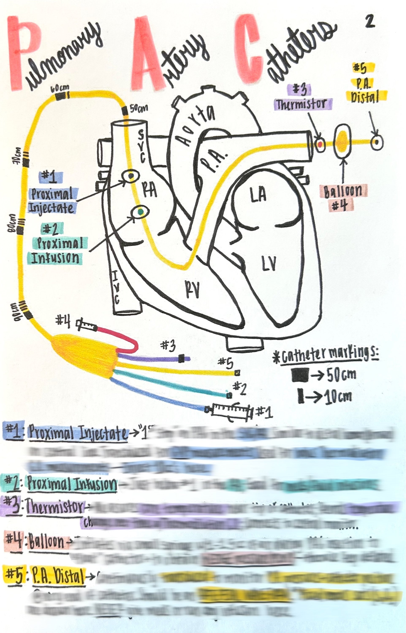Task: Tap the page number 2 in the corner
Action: pos(370,21)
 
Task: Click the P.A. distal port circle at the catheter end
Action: pos(376,142)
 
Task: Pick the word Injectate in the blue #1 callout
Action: pos(51,208)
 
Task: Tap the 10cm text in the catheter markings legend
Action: pos(338,397)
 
